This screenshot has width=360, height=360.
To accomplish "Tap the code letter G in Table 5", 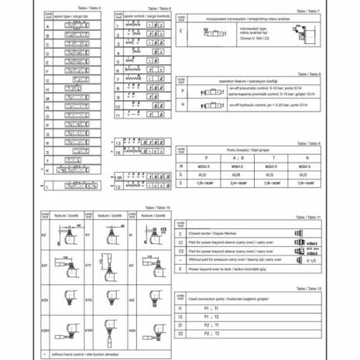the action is tap(48, 80).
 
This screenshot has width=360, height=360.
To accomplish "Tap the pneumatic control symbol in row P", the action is tap(211, 91).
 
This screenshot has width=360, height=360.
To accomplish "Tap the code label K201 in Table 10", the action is tap(45, 330).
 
